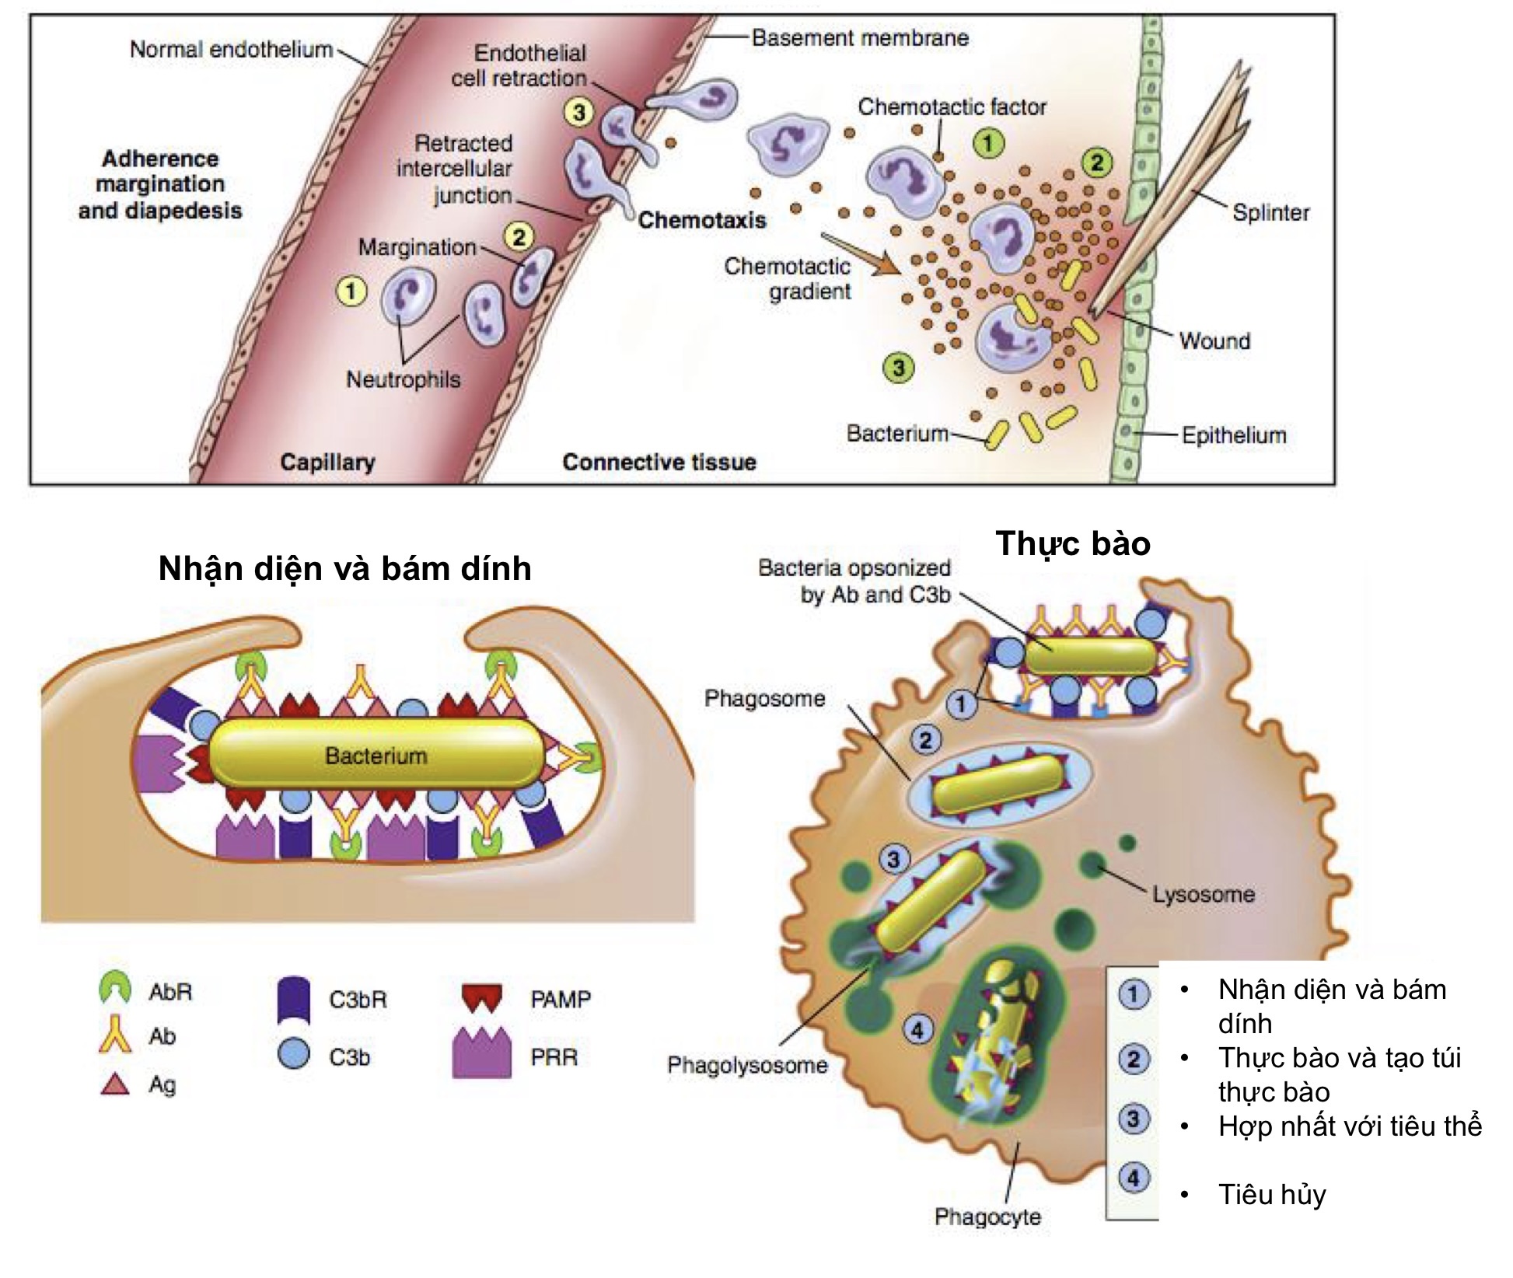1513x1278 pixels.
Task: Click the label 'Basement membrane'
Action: click(x=860, y=37)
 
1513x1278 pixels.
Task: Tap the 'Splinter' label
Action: click(x=1270, y=212)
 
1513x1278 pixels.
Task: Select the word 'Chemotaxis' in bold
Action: click(x=702, y=220)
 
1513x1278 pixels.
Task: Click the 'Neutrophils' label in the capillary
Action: click(x=403, y=379)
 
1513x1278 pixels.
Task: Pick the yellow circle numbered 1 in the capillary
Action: click(x=351, y=292)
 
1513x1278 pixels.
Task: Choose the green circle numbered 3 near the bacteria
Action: click(x=898, y=368)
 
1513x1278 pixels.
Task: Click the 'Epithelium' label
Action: click(x=1234, y=435)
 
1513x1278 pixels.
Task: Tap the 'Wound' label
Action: click(x=1214, y=340)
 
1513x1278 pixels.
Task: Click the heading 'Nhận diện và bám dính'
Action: click(x=344, y=569)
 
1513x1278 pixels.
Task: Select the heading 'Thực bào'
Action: click(x=1073, y=543)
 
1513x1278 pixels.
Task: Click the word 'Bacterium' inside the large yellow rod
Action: click(x=376, y=756)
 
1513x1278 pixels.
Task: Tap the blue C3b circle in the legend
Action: click(x=294, y=1055)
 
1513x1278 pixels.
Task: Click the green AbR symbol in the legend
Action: click(x=115, y=989)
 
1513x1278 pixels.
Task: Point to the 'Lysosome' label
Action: click(x=1203, y=894)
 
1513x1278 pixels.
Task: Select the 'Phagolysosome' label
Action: click(x=747, y=1064)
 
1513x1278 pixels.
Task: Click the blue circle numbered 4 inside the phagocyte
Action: click(x=917, y=1030)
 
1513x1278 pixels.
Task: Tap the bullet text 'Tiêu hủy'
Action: click(x=1272, y=1194)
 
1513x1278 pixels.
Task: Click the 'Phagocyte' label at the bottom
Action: click(x=987, y=1216)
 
